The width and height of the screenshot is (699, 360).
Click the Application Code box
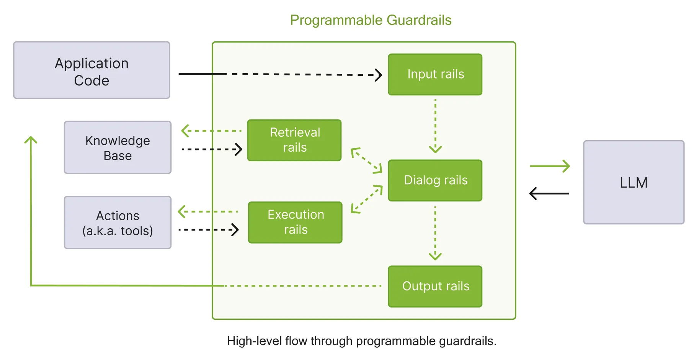click(x=91, y=70)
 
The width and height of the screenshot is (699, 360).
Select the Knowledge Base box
click(x=118, y=148)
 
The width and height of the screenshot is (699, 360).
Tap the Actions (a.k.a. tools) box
click(x=118, y=223)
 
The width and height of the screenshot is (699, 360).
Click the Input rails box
click(x=435, y=74)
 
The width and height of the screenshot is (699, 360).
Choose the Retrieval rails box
click(x=294, y=140)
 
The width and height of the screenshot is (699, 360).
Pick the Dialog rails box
click(x=435, y=180)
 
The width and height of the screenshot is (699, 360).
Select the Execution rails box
click(x=295, y=223)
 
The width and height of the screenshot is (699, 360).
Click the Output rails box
click(x=435, y=286)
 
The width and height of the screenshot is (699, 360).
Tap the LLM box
click(x=633, y=183)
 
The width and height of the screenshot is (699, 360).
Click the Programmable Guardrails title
click(x=371, y=20)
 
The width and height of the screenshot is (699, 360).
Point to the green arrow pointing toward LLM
click(x=550, y=166)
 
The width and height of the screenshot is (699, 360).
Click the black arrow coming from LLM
click(x=549, y=193)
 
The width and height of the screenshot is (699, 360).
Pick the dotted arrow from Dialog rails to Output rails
click(x=435, y=233)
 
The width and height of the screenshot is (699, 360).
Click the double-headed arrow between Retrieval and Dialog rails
click(x=366, y=160)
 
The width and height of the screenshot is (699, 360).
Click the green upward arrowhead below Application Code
click(x=31, y=140)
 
